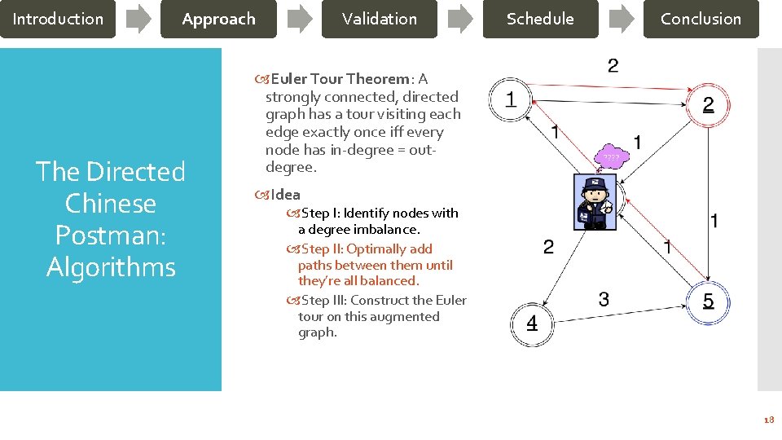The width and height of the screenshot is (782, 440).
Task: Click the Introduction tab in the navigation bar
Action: pyautogui.click(x=58, y=19)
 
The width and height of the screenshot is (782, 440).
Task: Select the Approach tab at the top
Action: pyautogui.click(x=218, y=19)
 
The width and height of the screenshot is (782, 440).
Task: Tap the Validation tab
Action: pyautogui.click(x=379, y=19)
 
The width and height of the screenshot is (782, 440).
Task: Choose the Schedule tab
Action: pyautogui.click(x=540, y=19)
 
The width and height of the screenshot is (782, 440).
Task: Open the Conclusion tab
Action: pyautogui.click(x=701, y=19)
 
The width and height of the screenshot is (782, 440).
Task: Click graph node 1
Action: pyautogui.click(x=510, y=101)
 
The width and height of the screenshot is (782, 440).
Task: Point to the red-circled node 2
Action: pyautogui.click(x=708, y=104)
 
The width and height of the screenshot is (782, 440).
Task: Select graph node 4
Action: pyautogui.click(x=531, y=323)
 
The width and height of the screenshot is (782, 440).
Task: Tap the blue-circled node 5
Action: pyautogui.click(x=708, y=301)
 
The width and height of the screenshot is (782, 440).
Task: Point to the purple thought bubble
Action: pyautogui.click(x=612, y=156)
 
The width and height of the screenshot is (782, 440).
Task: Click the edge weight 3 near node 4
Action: pyautogui.click(x=604, y=299)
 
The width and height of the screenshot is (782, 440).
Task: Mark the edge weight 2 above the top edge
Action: pyautogui.click(x=613, y=65)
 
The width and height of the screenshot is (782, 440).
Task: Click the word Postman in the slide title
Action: pyautogui.click(x=111, y=235)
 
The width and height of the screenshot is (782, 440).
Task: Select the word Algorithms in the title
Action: pyautogui.click(x=111, y=266)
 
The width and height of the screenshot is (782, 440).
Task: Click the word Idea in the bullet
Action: pyautogui.click(x=285, y=195)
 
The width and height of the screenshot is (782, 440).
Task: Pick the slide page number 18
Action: pyautogui.click(x=768, y=420)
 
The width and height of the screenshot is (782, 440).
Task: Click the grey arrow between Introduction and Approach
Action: pyautogui.click(x=138, y=19)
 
